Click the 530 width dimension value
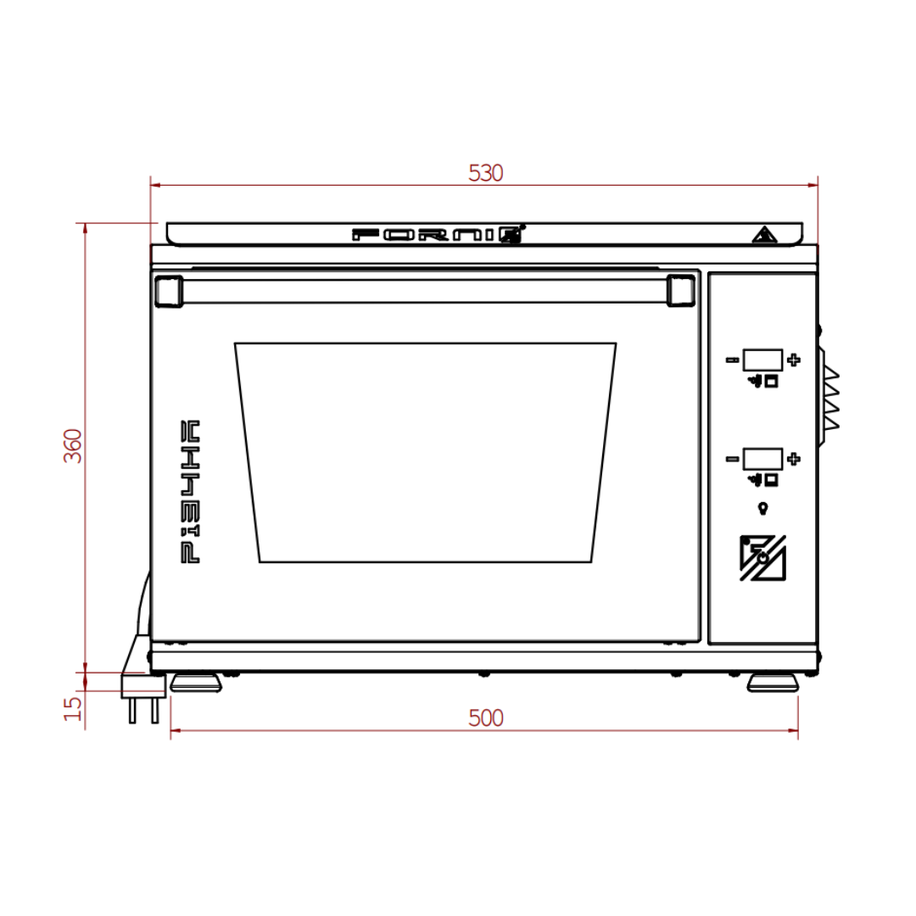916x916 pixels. click(x=485, y=173)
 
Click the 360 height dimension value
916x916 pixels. click(x=75, y=445)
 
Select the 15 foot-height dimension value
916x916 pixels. click(x=75, y=706)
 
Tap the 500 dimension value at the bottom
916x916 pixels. click(x=485, y=718)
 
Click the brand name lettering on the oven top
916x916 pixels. click(x=438, y=235)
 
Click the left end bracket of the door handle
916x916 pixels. click(x=168, y=290)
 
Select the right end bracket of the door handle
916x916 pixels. click(x=680, y=290)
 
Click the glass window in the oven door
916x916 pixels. click(x=425, y=452)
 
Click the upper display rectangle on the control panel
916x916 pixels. click(x=762, y=360)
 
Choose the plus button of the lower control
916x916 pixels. click(x=793, y=460)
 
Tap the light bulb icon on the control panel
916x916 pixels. click(x=762, y=508)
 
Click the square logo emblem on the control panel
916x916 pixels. click(x=762, y=558)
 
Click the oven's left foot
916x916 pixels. click(x=196, y=683)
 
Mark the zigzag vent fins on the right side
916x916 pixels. click(x=829, y=397)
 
